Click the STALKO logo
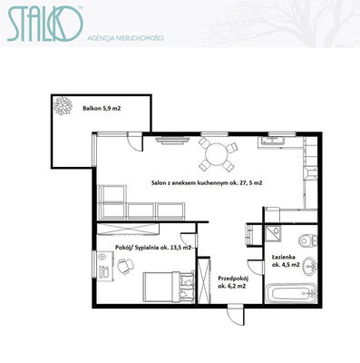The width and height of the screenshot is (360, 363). [44, 24]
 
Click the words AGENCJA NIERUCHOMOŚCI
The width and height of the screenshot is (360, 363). [125, 38]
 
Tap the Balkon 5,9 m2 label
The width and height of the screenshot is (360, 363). [102, 108]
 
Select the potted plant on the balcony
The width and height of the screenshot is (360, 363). [63, 105]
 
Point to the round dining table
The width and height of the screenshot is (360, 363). [218, 153]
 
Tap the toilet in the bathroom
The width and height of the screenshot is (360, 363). [307, 241]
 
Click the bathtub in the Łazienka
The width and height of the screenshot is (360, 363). [291, 293]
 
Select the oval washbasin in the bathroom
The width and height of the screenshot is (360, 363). [309, 266]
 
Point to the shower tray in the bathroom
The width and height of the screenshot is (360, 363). [273, 233]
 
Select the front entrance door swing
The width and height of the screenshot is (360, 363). [236, 315]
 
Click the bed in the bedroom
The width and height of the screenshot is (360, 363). [169, 287]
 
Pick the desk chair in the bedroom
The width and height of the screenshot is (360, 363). [125, 266]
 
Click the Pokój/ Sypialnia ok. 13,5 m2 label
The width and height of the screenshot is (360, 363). [153, 248]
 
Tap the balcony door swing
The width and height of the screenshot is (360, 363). [134, 142]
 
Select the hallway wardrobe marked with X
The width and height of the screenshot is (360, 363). [204, 280]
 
